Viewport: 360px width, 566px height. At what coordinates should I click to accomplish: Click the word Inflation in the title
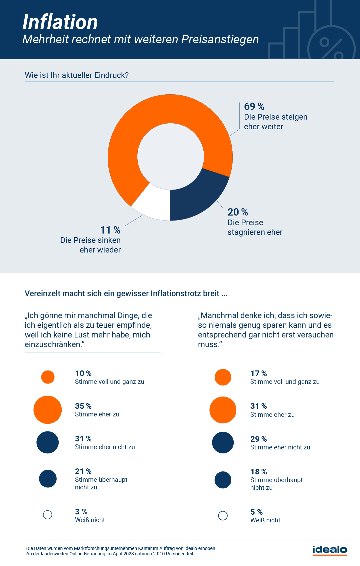point(60,22)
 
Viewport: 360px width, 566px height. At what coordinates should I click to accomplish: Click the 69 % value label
point(254,107)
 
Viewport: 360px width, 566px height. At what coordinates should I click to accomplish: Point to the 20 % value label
point(238,212)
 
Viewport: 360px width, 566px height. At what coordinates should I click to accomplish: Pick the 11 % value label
point(110,230)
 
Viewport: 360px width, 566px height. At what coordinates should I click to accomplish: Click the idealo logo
point(330,550)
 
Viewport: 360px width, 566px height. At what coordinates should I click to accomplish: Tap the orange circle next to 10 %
point(48,377)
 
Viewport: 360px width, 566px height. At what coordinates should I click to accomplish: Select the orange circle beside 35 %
point(48,410)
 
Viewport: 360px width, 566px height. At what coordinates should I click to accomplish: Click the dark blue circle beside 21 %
point(48,479)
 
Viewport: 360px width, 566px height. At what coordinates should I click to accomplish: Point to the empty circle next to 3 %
point(48,515)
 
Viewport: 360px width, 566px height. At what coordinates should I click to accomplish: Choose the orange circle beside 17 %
point(223,377)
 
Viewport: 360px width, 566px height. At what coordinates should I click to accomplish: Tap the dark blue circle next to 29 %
point(223,443)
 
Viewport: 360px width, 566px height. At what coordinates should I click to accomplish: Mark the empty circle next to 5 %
point(223,516)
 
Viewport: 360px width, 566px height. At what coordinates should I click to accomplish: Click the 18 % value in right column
point(259,472)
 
